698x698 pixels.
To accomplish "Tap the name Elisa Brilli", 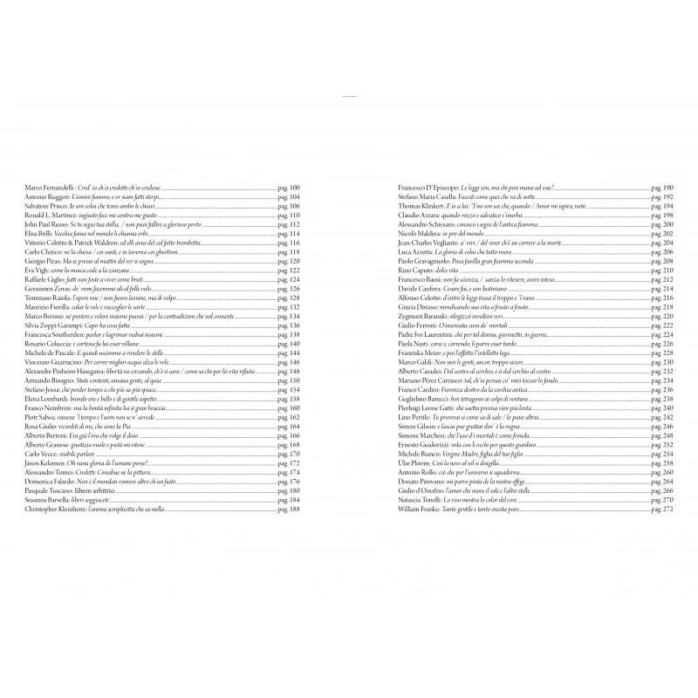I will [x=39, y=234].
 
